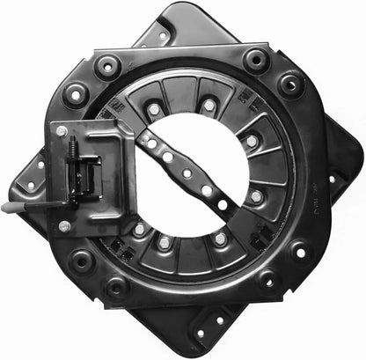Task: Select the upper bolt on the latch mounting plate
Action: point(62,132)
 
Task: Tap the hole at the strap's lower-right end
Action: point(223,204)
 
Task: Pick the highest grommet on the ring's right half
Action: point(256,59)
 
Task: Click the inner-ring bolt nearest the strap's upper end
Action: point(153,109)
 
